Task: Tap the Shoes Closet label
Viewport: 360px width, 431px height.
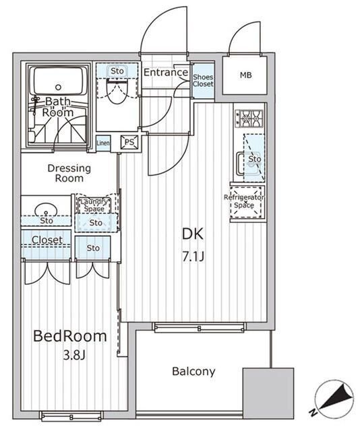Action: click(x=203, y=81)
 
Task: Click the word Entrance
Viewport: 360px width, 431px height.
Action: click(x=165, y=73)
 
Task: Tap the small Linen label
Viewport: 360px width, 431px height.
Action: click(x=103, y=142)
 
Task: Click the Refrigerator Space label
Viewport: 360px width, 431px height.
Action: click(x=244, y=201)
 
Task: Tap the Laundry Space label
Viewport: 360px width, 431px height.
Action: click(x=92, y=205)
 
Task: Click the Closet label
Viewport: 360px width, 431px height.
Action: click(x=47, y=240)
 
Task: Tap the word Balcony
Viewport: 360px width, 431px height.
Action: click(x=193, y=371)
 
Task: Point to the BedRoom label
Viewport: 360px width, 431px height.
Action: click(x=70, y=335)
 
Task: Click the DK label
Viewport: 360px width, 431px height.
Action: click(x=192, y=234)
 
